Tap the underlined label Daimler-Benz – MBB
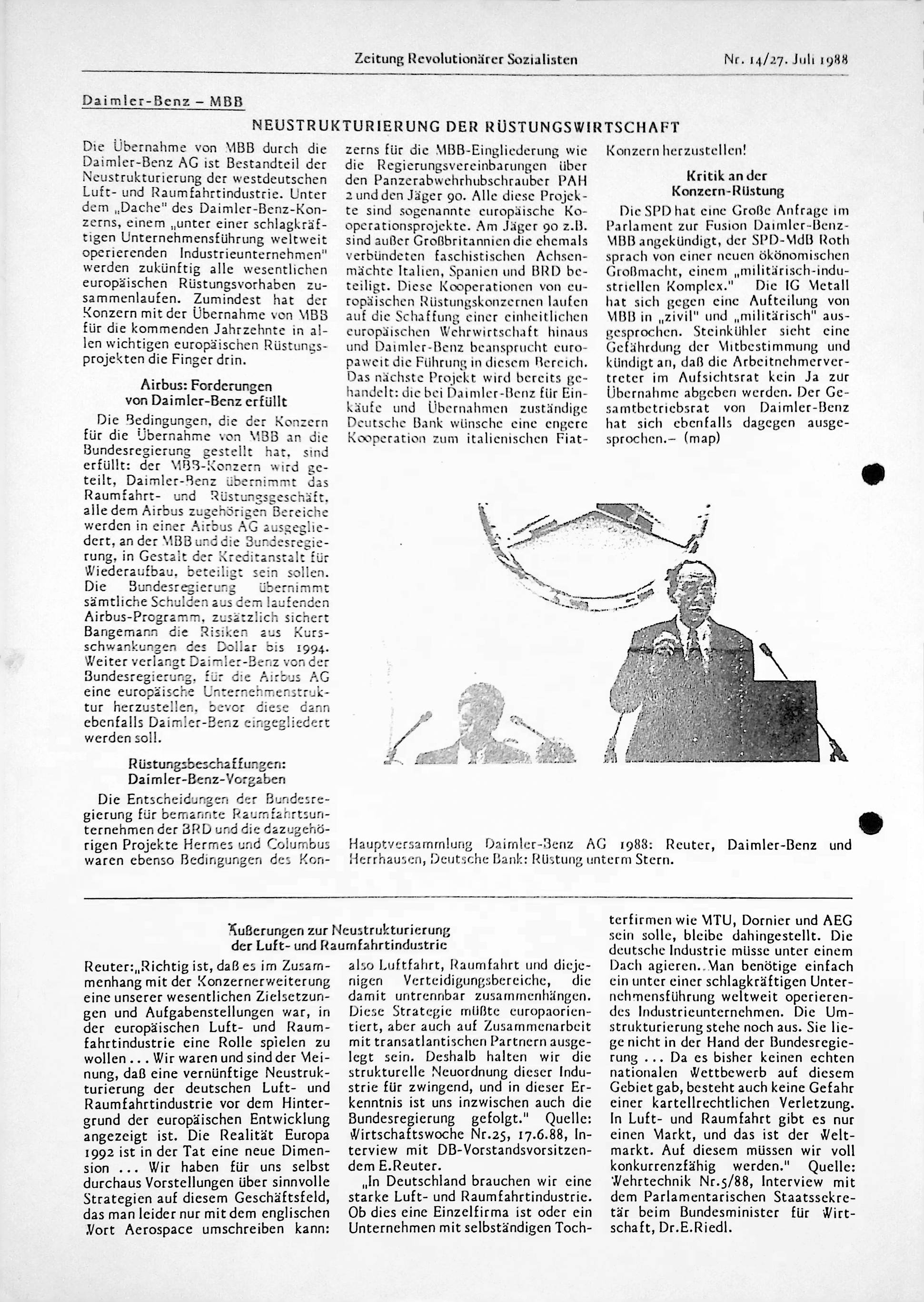click(163, 102)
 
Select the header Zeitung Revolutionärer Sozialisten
click(466, 59)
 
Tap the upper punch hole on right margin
click(875, 475)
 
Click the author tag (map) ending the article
click(702, 439)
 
